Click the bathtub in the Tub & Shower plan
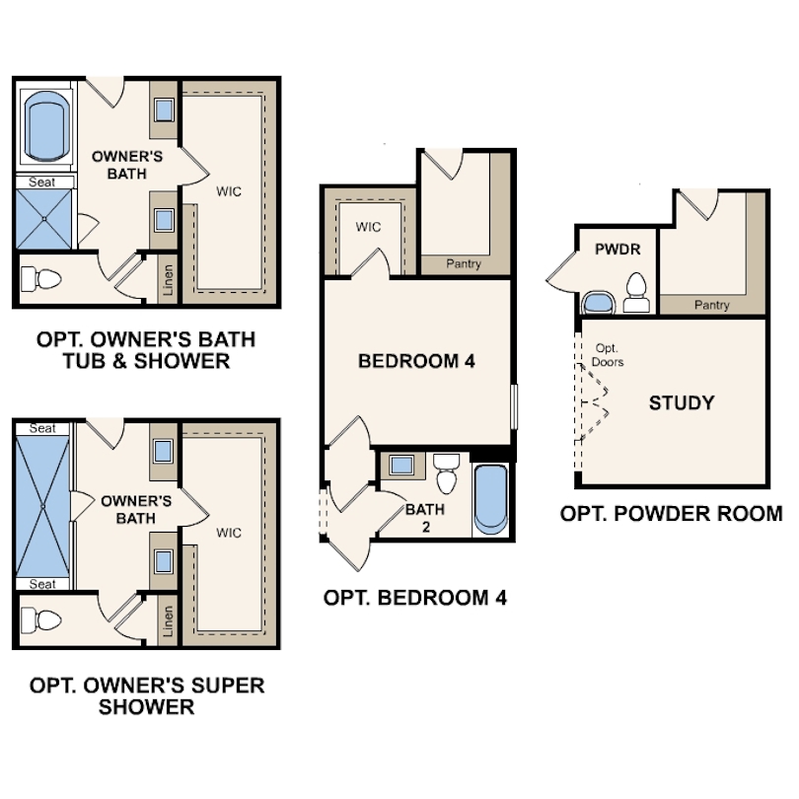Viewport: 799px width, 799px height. coord(46,127)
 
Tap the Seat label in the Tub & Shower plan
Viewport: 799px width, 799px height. coord(42,182)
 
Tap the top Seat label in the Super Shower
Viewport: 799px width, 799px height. coord(42,428)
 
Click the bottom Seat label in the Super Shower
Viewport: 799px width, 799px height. coord(42,584)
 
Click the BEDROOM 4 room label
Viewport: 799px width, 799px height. coord(416,362)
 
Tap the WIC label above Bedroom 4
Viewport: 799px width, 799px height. coord(368,227)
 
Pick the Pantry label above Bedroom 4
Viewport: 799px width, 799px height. coord(464,263)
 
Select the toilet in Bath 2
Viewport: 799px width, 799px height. coord(447,472)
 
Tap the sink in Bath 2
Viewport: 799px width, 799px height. coord(401,465)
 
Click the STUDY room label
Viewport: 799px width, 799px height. coord(681,402)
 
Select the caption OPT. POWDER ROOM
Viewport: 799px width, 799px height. coord(671,514)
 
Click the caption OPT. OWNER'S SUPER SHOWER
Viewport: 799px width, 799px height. coord(146,695)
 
